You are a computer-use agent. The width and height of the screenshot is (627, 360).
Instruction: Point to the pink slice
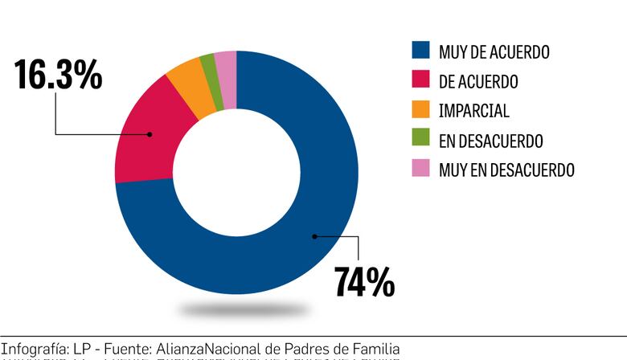click(227, 66)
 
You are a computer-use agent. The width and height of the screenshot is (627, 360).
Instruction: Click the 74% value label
click(364, 282)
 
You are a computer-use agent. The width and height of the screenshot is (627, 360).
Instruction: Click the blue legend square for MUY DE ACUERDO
click(420, 51)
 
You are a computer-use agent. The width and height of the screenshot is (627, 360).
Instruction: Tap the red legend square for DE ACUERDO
click(420, 81)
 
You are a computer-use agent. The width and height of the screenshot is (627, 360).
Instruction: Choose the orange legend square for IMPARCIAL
click(420, 111)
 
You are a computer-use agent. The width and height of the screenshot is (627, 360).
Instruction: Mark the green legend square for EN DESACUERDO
click(420, 141)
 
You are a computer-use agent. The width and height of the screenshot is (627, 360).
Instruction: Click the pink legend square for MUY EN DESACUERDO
click(420, 170)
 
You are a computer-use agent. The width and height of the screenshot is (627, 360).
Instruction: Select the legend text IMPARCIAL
click(473, 111)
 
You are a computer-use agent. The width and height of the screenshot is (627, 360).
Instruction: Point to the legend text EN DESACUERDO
click(490, 141)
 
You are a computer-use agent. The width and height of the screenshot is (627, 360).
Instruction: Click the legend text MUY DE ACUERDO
click(494, 51)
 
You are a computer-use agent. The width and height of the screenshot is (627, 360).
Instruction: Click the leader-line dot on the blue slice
click(314, 235)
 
